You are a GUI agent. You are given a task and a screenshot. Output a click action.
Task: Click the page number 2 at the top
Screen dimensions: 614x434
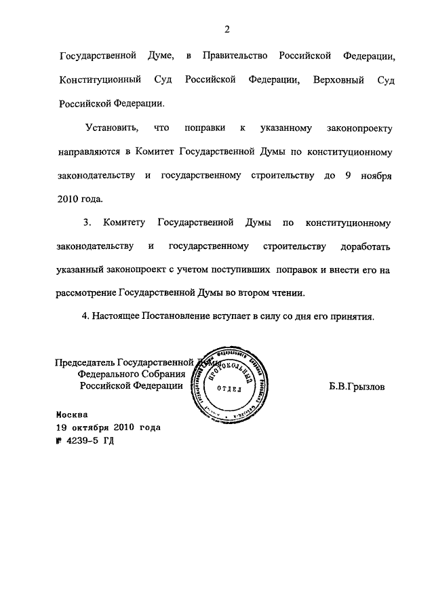click(x=227, y=28)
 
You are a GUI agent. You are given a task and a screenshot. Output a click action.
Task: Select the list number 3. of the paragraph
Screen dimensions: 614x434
click(x=86, y=222)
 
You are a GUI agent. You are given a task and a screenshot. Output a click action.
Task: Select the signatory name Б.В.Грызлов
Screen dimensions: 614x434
click(x=355, y=386)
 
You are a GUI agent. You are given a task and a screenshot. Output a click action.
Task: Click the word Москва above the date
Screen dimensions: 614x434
click(x=72, y=414)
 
